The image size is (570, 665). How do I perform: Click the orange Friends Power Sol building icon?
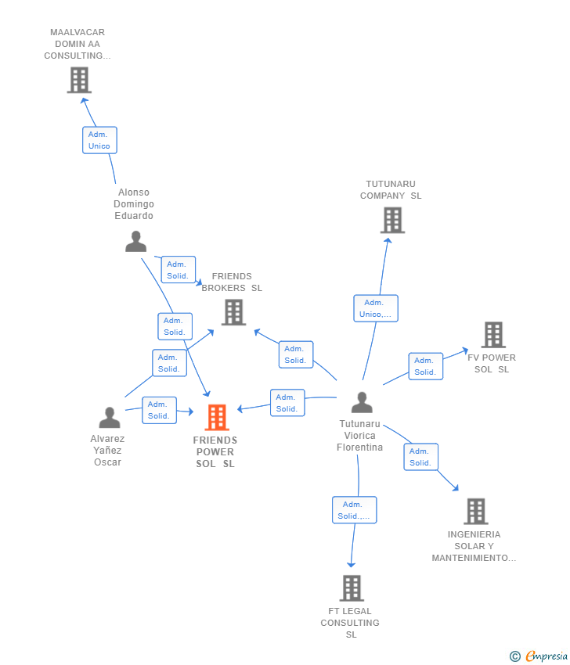[x=217, y=418]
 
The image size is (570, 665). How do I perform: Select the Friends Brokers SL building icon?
[x=233, y=312]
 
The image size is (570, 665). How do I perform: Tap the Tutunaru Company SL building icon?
[x=392, y=221]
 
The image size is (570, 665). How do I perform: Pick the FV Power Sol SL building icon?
[x=493, y=335]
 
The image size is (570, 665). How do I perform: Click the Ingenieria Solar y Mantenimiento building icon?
[x=476, y=512]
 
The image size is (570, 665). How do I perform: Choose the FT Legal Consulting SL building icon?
[x=352, y=588]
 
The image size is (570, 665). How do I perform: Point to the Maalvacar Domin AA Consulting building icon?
[x=79, y=80]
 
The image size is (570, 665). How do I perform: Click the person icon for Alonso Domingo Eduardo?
[x=136, y=242]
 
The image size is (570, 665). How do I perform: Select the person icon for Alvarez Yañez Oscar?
[x=110, y=418]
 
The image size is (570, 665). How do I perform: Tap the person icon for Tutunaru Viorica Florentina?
[x=362, y=402]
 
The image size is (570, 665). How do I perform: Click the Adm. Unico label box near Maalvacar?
[x=99, y=140]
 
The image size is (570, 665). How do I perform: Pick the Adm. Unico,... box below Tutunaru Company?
[x=376, y=308]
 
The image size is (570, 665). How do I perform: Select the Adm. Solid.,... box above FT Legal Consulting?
[x=354, y=510]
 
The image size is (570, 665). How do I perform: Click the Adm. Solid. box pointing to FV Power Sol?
[x=425, y=366]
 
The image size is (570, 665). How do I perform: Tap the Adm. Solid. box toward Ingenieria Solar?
[x=420, y=457]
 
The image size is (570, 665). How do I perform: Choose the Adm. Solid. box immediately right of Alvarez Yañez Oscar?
[x=159, y=410]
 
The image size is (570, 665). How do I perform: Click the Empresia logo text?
[x=547, y=656]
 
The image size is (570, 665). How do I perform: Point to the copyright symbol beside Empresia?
[x=515, y=656]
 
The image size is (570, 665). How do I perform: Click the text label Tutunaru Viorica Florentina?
[x=360, y=436]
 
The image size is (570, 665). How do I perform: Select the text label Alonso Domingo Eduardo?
[x=134, y=204]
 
